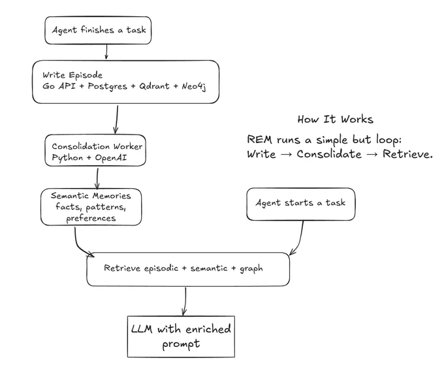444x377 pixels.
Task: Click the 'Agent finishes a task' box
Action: click(98, 30)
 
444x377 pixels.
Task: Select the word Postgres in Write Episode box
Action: click(107, 86)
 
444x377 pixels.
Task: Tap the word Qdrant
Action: click(154, 86)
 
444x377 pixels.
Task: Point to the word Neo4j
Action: click(194, 86)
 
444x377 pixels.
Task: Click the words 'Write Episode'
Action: click(72, 75)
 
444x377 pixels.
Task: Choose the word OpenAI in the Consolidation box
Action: click(111, 157)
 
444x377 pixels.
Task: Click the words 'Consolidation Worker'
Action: click(97, 146)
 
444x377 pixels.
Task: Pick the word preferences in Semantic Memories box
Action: click(91, 218)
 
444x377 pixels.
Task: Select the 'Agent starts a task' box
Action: click(301, 204)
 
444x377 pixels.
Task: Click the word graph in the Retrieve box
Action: click(251, 269)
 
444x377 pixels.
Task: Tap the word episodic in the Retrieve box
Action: click(161, 269)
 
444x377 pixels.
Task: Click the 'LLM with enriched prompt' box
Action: click(181, 336)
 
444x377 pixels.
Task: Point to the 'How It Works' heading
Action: click(335, 120)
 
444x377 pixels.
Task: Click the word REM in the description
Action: click(259, 139)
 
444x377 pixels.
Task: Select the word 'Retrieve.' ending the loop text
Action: click(407, 154)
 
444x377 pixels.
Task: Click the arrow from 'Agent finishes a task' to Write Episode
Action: click(106, 52)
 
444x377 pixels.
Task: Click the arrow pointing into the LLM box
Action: click(185, 301)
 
